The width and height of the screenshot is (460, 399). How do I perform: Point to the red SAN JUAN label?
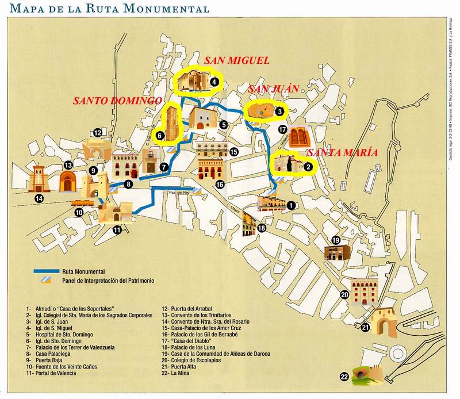(x=274, y=89)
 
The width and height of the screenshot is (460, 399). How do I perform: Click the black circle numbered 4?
(x=214, y=82)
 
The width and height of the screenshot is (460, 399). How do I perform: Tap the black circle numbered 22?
(x=344, y=377)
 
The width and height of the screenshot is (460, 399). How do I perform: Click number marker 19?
(x=336, y=240)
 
